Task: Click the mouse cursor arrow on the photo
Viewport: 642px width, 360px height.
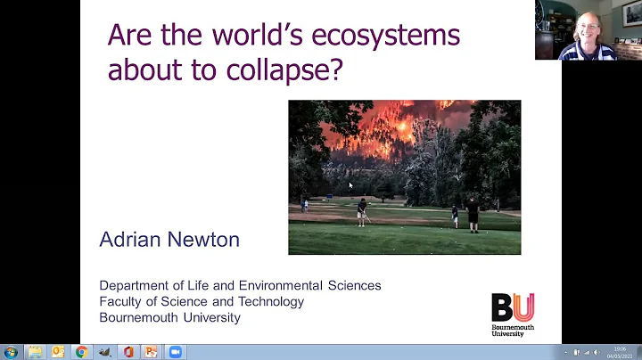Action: (350, 185)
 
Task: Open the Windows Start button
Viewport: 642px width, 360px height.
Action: (11, 352)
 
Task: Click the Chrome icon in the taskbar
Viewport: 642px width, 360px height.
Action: (82, 352)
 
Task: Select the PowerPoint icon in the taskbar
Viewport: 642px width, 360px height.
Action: (152, 352)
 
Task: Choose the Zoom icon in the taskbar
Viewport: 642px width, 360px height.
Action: (175, 352)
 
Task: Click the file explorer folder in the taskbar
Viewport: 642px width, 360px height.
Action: (36, 352)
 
